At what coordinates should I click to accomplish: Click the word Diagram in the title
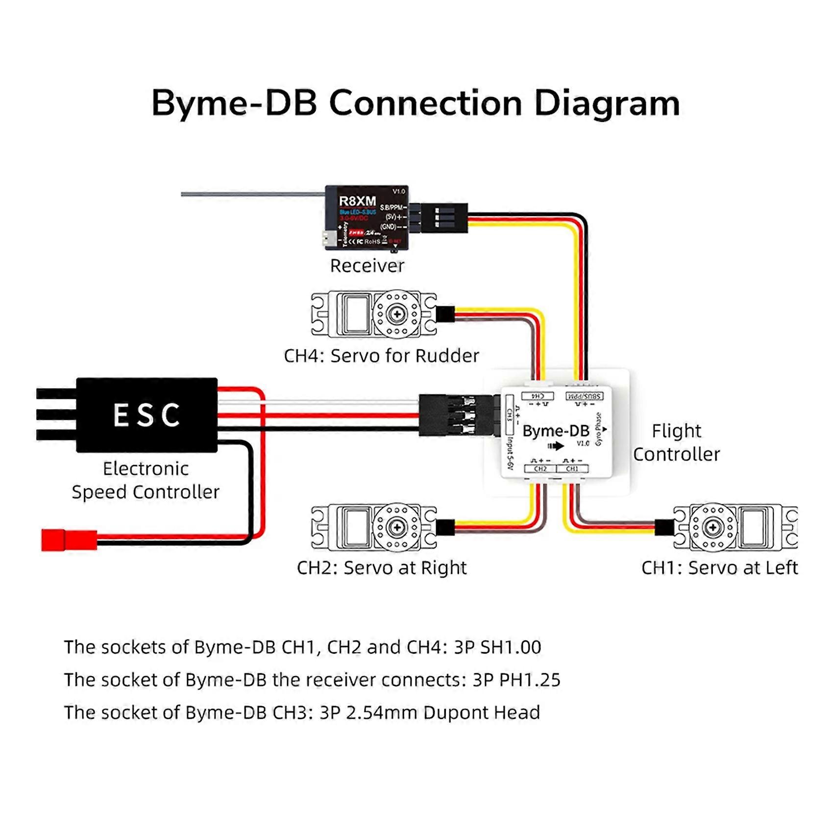(607, 103)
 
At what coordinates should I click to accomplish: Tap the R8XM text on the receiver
(357, 201)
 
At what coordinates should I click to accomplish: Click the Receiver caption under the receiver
(367, 266)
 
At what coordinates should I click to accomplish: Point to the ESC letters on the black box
(147, 415)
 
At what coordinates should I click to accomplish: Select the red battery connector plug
(69, 539)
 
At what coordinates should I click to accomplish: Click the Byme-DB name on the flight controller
(556, 431)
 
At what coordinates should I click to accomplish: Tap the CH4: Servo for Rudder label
(381, 356)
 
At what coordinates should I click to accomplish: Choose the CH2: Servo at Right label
(382, 567)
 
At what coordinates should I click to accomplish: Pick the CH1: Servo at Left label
(719, 567)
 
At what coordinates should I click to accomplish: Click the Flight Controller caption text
(676, 442)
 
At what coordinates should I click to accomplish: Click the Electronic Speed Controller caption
(146, 480)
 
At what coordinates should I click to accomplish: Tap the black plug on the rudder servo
(445, 314)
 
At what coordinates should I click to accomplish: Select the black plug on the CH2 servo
(445, 527)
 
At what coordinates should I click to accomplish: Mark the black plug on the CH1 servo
(664, 527)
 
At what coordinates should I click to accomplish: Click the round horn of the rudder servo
(397, 314)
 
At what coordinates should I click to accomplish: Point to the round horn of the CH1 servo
(713, 527)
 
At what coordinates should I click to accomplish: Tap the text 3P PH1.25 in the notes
(516, 680)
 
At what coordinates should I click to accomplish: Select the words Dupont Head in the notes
(481, 712)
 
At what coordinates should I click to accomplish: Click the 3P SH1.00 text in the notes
(497, 647)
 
